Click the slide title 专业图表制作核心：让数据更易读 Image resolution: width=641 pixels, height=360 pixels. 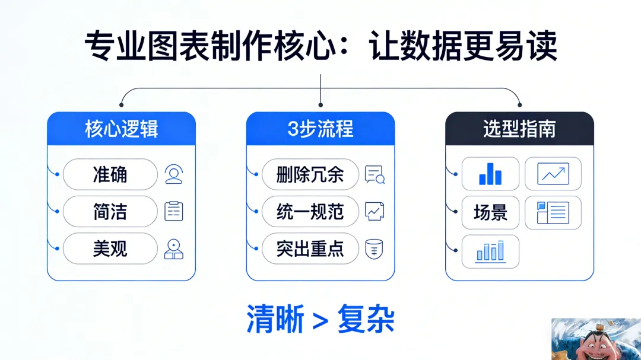(320, 47)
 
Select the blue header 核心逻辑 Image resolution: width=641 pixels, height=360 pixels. (121, 129)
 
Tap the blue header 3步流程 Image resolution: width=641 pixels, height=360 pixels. (320, 129)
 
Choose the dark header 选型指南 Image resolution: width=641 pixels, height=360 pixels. (519, 129)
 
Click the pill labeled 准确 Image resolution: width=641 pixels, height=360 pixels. (110, 174)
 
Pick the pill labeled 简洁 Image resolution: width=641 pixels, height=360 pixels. (110, 212)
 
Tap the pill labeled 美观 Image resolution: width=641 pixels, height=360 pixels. (110, 249)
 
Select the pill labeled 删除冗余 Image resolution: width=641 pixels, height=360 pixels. (310, 174)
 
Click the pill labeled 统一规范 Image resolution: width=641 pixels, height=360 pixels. (310, 212)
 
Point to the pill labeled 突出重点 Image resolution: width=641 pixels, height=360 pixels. (310, 249)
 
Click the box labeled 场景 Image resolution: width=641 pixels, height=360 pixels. (490, 212)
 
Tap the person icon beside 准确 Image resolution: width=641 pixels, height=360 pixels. (174, 174)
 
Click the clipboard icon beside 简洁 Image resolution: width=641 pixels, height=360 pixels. (174, 212)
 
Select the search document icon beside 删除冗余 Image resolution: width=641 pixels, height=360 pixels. (375, 174)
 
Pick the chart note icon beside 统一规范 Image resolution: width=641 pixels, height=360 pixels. (375, 211)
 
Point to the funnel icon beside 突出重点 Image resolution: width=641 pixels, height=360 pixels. (374, 249)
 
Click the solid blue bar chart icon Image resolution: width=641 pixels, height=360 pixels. (490, 174)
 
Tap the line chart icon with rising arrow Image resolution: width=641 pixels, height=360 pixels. (553, 174)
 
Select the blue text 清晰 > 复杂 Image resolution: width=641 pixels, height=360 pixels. (320, 320)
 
